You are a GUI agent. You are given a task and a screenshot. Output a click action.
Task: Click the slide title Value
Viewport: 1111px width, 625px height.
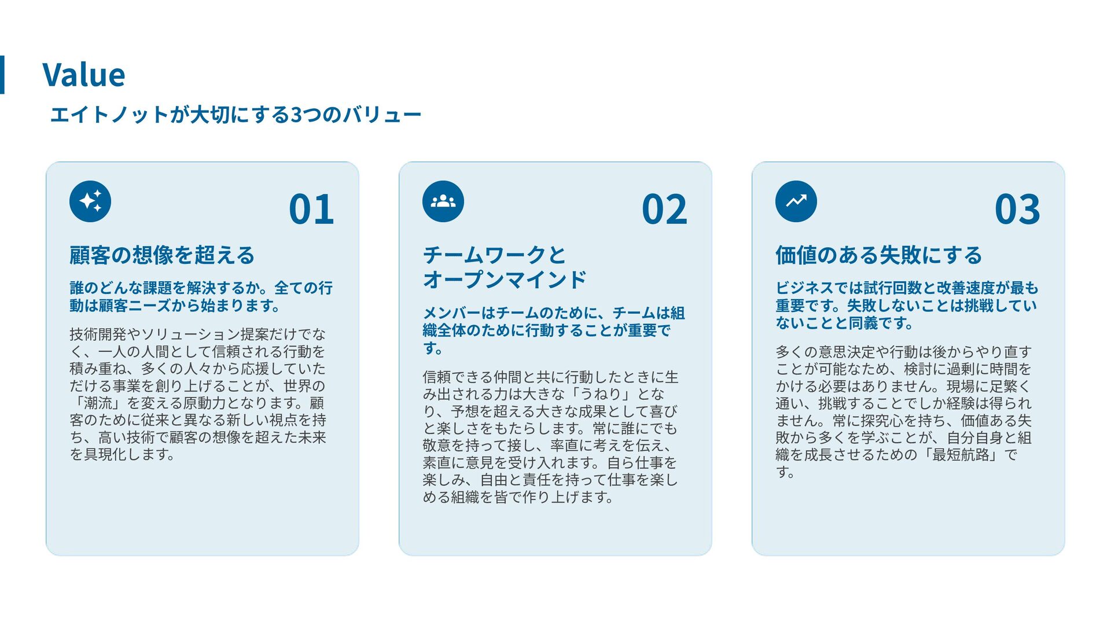[84, 75]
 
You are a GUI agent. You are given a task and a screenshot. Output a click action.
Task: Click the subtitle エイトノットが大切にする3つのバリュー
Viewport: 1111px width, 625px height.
[236, 115]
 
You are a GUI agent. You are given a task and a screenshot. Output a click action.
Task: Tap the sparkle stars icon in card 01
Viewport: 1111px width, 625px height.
[90, 201]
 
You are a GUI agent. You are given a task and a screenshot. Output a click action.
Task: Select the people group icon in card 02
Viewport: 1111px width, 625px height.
[443, 201]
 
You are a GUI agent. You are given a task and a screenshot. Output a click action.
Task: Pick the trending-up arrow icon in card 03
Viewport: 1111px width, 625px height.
[796, 201]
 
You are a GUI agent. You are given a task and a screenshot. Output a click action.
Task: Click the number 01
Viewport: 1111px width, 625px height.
[311, 209]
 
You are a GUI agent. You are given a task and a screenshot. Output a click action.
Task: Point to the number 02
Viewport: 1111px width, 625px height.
[664, 209]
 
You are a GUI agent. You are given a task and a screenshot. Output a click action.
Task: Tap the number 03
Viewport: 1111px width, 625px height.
[1017, 209]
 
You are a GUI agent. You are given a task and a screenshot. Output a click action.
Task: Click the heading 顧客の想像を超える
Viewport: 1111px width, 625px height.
[162, 255]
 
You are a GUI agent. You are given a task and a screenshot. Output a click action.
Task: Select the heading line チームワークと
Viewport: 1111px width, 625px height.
[495, 255]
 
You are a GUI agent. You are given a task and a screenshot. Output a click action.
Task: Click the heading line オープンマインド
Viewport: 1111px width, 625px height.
[505, 280]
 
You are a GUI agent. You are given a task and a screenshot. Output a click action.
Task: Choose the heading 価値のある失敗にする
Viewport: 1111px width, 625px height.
[879, 255]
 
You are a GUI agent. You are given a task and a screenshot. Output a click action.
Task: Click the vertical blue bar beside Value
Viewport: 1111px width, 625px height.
[2, 75]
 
